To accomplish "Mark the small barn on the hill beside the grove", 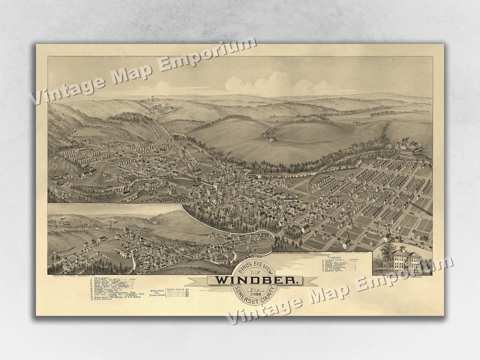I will (x=272, y=139).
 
